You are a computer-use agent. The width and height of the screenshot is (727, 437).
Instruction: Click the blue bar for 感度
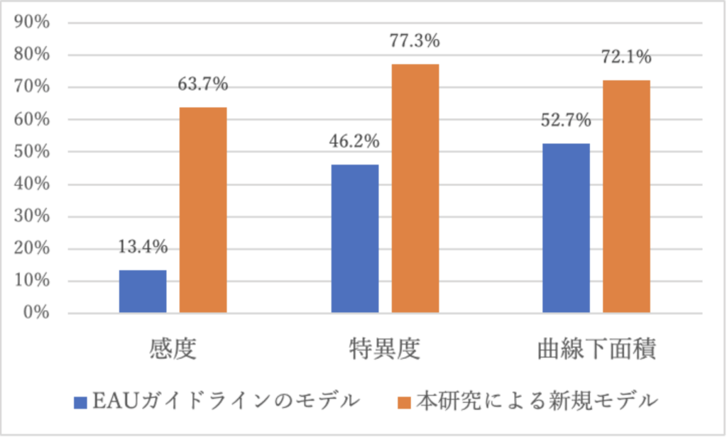143,292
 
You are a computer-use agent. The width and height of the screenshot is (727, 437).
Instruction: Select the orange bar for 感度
203,210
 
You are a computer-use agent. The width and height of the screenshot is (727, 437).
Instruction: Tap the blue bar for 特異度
355,238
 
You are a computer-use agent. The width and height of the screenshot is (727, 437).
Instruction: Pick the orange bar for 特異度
415,188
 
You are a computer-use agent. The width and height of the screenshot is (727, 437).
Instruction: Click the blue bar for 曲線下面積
566,228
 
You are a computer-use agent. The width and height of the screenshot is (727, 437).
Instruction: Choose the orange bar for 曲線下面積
626,197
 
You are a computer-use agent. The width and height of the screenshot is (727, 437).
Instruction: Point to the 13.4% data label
143,248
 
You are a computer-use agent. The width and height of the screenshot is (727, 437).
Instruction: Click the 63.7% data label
203,85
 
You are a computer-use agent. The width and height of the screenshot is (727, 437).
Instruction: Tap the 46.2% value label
355,142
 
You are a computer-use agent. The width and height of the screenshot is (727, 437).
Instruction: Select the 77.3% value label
415,41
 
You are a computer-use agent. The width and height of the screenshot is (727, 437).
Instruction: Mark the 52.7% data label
566,121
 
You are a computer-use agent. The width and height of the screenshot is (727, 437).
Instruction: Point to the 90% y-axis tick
32,23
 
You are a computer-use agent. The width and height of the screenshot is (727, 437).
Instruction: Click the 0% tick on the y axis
36,313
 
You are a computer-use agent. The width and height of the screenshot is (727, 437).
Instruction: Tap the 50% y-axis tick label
32,152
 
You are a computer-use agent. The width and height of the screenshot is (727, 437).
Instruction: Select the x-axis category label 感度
173,349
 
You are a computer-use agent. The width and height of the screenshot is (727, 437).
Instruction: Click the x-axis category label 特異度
385,349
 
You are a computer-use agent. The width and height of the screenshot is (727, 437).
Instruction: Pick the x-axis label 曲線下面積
596,349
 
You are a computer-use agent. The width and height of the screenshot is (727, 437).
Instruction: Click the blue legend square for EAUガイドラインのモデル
80,402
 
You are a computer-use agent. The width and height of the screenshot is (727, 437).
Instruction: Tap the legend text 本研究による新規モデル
537,402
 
